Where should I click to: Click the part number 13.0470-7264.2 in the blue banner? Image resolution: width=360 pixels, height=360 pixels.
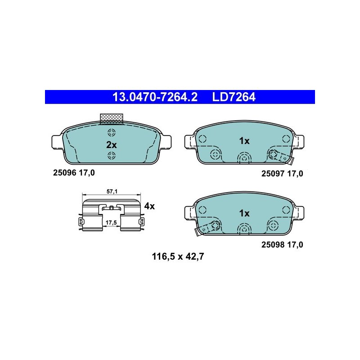point(155,97)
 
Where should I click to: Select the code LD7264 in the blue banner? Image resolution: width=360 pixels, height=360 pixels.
point(234,97)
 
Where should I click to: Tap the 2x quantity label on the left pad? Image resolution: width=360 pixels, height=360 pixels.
point(111,145)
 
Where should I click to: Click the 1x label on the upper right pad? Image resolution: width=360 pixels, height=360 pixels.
point(244,141)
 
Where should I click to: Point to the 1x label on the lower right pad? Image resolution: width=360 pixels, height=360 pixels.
point(244,213)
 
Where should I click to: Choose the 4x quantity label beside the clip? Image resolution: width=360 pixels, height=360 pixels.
point(149,206)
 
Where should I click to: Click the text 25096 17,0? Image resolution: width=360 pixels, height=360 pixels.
point(74,173)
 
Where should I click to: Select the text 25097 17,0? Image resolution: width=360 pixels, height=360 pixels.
point(282,174)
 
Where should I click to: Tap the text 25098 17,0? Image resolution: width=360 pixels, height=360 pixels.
point(282,245)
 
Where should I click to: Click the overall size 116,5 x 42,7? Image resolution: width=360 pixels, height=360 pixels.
point(178,256)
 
